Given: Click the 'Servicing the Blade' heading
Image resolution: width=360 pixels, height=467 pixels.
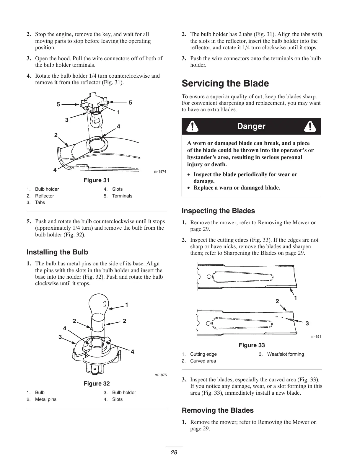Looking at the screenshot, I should tap(225, 84).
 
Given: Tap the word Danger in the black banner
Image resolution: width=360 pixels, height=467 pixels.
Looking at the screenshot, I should tap(251, 126).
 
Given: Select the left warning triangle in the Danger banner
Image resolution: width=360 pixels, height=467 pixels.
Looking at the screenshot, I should tap(193, 126).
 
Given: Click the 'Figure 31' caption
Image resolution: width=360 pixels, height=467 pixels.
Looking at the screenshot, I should tap(97, 180).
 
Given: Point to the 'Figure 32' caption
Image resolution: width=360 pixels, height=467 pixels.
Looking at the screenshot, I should tap(97, 383).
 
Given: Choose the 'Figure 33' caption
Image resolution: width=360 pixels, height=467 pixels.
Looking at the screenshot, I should tap(252, 345).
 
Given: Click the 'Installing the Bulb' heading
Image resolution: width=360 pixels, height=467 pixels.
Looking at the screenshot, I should tap(57, 252).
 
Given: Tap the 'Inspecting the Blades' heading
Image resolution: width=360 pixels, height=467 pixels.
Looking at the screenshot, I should tap(218, 211).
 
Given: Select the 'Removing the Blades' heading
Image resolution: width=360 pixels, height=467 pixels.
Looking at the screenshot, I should tap(218, 410).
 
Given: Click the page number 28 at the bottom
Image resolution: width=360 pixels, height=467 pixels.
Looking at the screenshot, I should tap(174, 453).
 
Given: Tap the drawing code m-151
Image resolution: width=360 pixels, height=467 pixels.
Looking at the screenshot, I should tap(316, 337).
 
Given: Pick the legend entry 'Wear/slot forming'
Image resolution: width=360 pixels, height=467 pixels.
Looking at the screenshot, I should tap(285, 354).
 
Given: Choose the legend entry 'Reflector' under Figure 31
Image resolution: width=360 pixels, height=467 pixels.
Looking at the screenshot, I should tap(44, 196).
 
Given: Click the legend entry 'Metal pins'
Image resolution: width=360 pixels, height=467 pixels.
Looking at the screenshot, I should tap(45, 399).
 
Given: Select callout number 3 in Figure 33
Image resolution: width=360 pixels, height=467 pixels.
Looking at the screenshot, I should tap(307, 324).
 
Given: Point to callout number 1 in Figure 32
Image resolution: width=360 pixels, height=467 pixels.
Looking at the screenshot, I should tap(126, 305).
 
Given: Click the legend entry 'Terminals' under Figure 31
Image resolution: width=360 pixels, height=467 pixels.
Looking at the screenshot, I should tap(122, 196).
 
